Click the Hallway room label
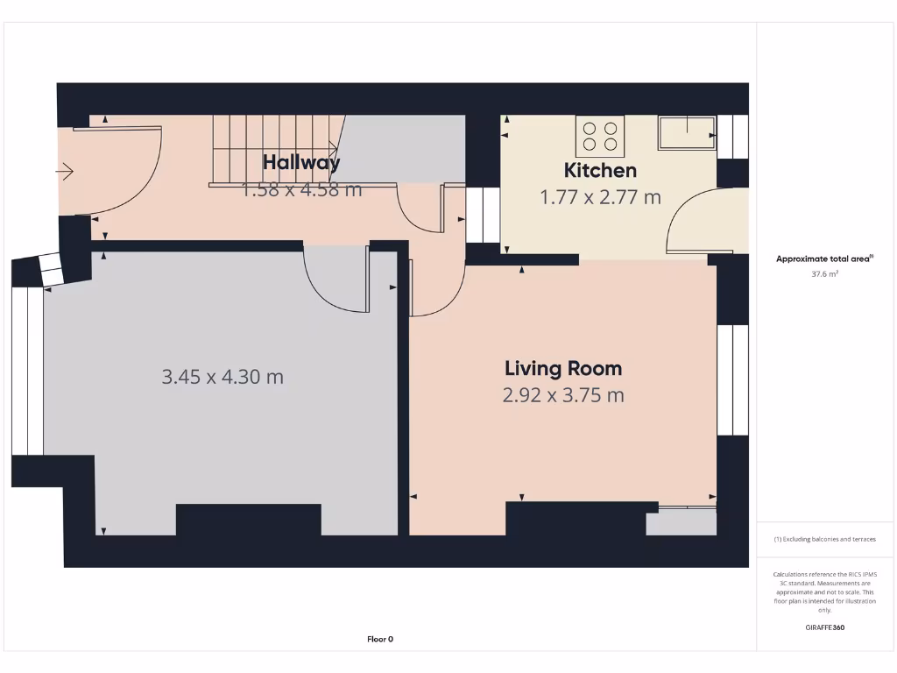[x=301, y=162]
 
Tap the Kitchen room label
[x=600, y=170]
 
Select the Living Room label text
[x=562, y=368]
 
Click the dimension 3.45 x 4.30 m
[x=222, y=377]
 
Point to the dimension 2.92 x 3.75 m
[x=562, y=395]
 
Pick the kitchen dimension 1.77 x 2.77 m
[x=600, y=197]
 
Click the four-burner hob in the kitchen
[x=600, y=136]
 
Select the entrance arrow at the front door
[x=65, y=172]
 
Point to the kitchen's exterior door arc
[x=692, y=223]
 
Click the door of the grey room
[x=337, y=280]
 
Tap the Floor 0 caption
[x=379, y=640]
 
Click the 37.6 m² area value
[x=823, y=273]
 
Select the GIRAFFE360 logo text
[x=823, y=627]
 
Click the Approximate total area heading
[x=823, y=259]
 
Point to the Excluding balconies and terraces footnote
[x=823, y=539]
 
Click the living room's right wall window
[x=732, y=380]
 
